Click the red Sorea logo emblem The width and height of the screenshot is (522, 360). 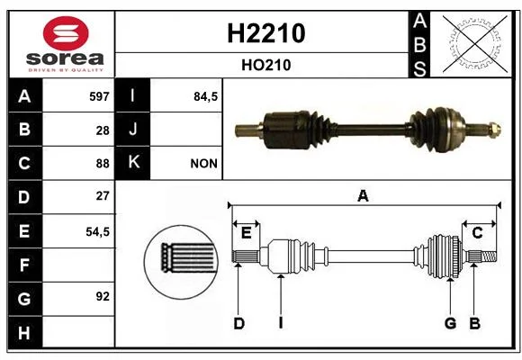pos(66,33)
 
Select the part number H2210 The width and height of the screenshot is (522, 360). pos(266,33)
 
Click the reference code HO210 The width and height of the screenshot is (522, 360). pos(266,65)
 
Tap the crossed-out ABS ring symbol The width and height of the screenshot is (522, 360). pos(475,44)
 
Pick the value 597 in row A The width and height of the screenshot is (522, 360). pos(99,96)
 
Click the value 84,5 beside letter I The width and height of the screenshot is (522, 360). pos(205,96)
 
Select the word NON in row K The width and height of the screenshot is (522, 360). pos(203,164)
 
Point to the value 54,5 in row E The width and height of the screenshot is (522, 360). pos(97,231)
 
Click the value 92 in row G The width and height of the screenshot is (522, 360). pos(103,296)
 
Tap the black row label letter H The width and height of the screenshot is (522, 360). pos(24,333)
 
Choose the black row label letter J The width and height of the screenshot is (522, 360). pos(132,130)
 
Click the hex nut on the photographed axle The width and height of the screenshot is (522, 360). pos(495,130)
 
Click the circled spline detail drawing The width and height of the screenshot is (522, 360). pos(182,262)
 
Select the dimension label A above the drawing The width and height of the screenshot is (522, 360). pos(363,196)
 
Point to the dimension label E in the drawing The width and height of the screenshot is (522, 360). pos(246,233)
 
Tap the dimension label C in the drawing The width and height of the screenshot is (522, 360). pos(477,233)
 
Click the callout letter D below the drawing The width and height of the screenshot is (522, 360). pos(238,323)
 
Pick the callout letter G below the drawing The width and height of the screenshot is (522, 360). pos(450,323)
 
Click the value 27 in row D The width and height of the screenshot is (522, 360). pos(103,196)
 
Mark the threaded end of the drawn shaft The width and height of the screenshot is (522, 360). pos(489,256)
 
